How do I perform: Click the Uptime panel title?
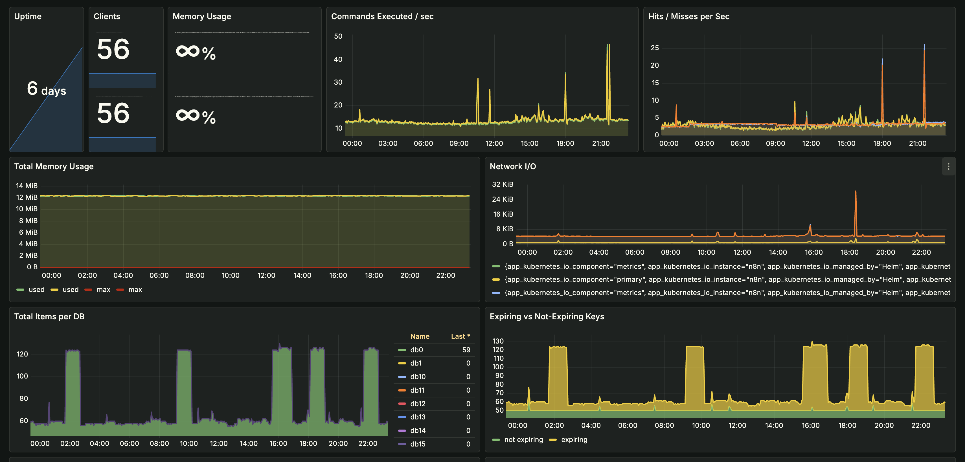28,16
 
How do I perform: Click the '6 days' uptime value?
47,89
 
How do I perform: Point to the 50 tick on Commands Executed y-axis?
338,36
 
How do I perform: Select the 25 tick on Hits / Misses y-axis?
654,48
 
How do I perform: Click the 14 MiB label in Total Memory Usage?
27,186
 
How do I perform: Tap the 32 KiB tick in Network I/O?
502,184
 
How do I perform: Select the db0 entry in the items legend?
416,350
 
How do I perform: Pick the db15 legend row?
417,444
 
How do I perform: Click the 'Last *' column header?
460,336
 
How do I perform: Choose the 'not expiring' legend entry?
523,439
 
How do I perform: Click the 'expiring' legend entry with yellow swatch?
574,439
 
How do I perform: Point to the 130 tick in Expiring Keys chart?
497,341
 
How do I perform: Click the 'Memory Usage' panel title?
201,16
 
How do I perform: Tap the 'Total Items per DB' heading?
49,316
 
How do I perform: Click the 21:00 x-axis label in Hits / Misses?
917,143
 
